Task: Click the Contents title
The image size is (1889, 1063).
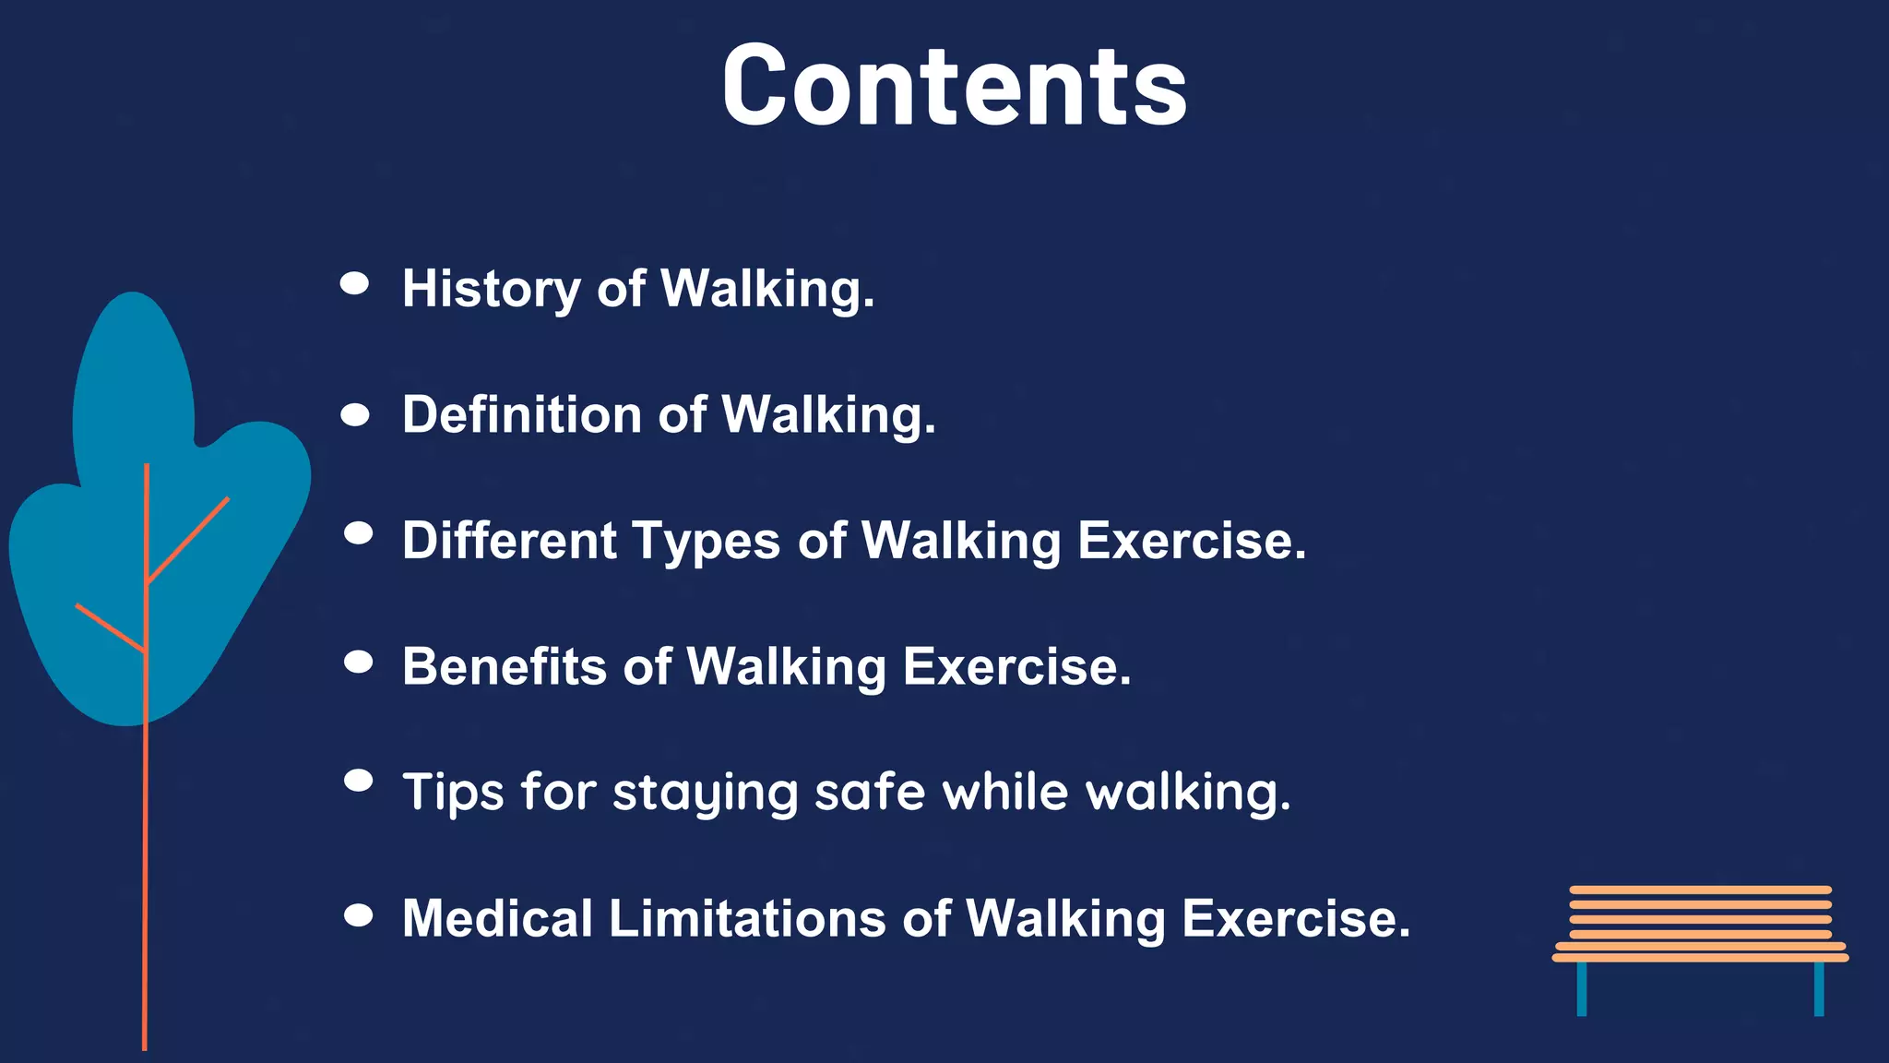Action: pyautogui.click(x=954, y=86)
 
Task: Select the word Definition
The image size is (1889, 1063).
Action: pyautogui.click(x=521, y=414)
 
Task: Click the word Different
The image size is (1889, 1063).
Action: pyautogui.click(x=509, y=541)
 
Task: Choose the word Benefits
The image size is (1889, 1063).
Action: pyautogui.click(x=505, y=666)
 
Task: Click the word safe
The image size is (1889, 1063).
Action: pyautogui.click(x=870, y=792)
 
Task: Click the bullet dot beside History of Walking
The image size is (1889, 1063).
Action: pyautogui.click(x=355, y=283)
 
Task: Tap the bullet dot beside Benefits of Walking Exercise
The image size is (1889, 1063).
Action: pyautogui.click(x=358, y=662)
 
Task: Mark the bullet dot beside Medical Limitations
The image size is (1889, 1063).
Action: pyautogui.click(x=358, y=915)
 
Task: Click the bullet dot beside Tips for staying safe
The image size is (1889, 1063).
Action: pyautogui.click(x=358, y=781)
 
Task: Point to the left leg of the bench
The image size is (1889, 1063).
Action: pyautogui.click(x=1582, y=988)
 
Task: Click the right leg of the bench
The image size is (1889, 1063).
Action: pyautogui.click(x=1819, y=988)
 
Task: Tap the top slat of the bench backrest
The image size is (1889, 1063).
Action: pyautogui.click(x=1700, y=890)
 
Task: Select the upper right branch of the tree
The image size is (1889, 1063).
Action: pyautogui.click(x=188, y=541)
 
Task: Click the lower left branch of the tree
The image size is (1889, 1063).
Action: pyautogui.click(x=111, y=628)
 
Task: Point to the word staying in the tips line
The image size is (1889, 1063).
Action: pyautogui.click(x=705, y=794)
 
